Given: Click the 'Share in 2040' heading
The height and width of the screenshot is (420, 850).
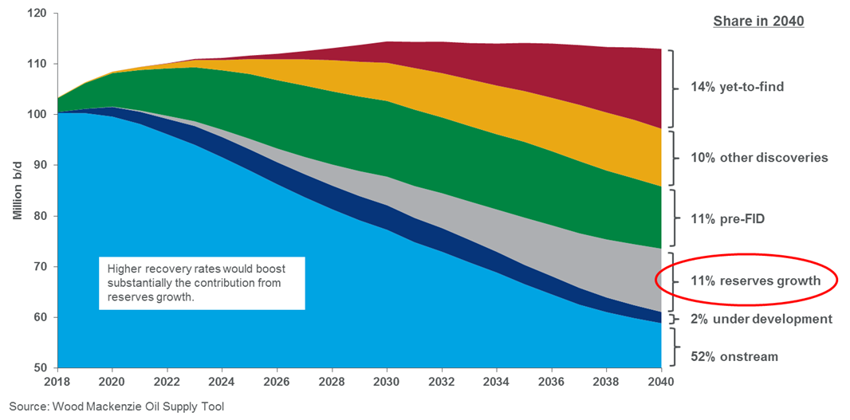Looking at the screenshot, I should pyautogui.click(x=758, y=22).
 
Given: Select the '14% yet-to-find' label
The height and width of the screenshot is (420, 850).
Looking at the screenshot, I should pyautogui.click(x=737, y=86).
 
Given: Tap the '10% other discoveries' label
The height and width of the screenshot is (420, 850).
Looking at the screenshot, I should pyautogui.click(x=758, y=157).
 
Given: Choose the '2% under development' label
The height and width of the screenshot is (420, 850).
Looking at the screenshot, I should pyautogui.click(x=761, y=319).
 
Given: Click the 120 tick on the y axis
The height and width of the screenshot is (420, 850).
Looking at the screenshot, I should pyautogui.click(x=35, y=14).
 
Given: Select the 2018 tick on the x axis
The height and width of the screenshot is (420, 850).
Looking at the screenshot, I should pyautogui.click(x=57, y=383).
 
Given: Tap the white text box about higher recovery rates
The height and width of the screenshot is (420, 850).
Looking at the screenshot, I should pyautogui.click(x=202, y=282).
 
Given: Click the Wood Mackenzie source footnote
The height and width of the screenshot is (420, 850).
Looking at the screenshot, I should pyautogui.click(x=116, y=407).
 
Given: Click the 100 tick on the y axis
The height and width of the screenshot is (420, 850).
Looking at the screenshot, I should pyautogui.click(x=35, y=115).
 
